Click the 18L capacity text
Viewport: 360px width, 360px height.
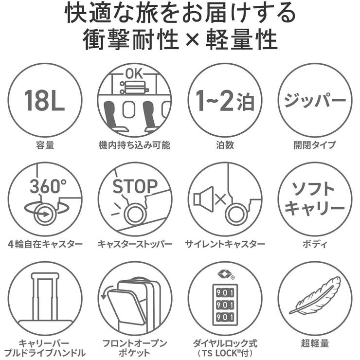click(45, 100)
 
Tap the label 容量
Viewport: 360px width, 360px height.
click(45, 145)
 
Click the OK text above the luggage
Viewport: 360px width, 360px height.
click(135, 74)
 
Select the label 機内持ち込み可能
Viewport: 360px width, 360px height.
click(135, 145)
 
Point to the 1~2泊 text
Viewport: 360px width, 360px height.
click(225, 101)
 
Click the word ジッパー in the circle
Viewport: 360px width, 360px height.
click(315, 100)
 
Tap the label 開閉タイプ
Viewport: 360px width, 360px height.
click(315, 145)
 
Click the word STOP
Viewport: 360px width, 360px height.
click(135, 186)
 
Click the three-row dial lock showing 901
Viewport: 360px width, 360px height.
click(225, 305)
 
